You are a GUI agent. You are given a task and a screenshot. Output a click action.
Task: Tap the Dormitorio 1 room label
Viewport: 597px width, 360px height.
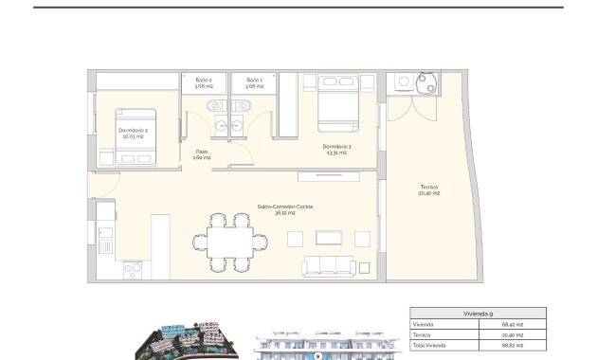(x=336, y=149)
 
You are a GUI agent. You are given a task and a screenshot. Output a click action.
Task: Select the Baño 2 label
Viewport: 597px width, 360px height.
(x=204, y=82)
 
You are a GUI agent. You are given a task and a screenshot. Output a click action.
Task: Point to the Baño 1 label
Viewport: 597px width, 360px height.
(x=253, y=82)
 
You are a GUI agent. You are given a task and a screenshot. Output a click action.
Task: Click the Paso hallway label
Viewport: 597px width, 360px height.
(x=202, y=153)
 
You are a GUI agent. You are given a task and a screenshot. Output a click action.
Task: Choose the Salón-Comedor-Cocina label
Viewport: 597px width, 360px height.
(x=284, y=208)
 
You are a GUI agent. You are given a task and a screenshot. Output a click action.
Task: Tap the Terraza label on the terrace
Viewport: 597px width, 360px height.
(x=430, y=190)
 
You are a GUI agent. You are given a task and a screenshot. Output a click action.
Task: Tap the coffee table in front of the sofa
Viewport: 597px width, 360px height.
(x=334, y=237)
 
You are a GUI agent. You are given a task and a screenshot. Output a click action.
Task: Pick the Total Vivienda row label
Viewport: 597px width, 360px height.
(x=431, y=347)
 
